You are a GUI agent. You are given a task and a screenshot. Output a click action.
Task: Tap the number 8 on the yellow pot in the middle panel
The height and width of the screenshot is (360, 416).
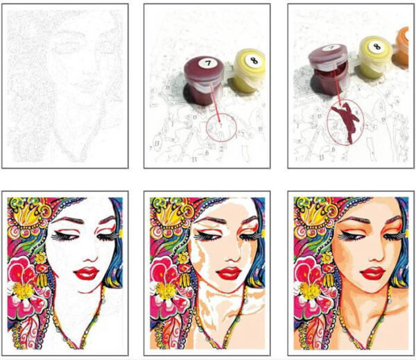248,60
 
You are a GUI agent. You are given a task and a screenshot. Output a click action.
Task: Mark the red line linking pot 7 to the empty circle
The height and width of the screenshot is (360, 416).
214,101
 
